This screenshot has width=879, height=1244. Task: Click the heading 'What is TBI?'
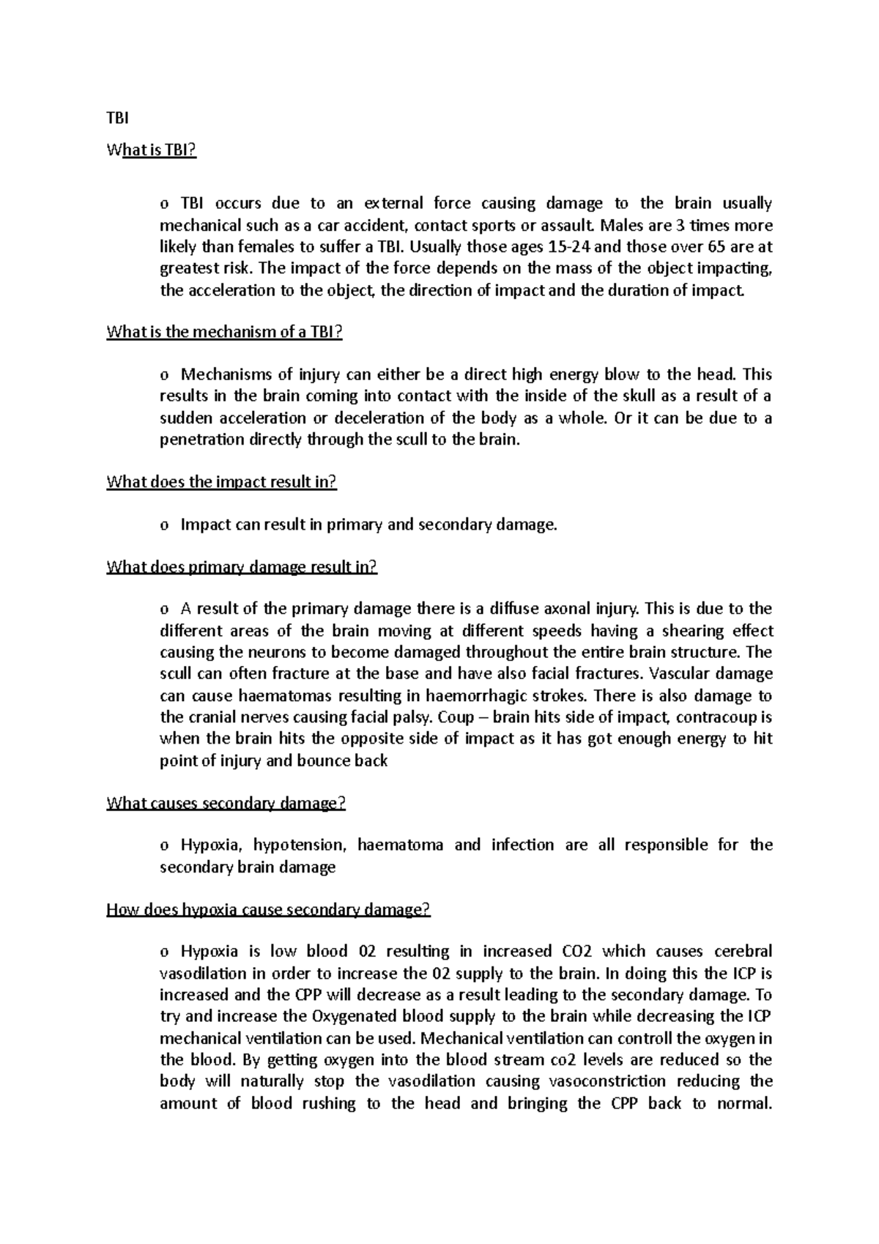[152, 150]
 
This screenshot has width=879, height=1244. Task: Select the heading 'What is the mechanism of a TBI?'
[224, 332]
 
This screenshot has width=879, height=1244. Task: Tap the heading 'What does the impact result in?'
[221, 482]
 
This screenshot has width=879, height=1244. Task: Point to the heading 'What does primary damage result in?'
[242, 567]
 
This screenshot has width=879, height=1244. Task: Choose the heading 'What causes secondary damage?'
[226, 803]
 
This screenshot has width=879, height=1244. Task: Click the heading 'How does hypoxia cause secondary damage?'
[268, 910]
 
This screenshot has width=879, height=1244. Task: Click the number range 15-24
[569, 247]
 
